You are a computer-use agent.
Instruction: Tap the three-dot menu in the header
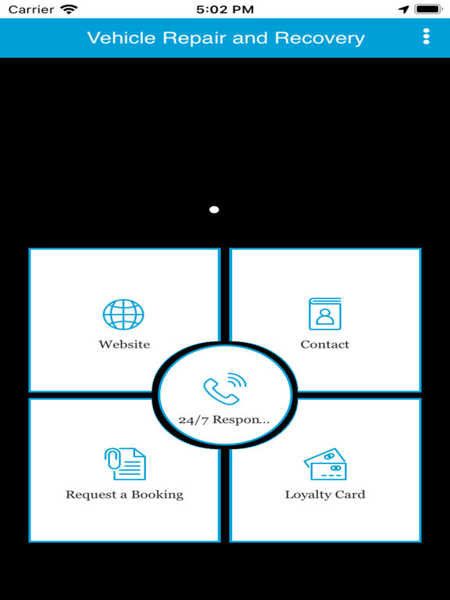point(427,37)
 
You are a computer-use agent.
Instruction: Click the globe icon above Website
point(123,315)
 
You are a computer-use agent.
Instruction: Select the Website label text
point(124,345)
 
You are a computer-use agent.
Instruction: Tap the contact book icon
point(325,314)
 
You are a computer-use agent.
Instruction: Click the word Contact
point(325,345)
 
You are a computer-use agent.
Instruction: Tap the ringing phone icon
point(225,388)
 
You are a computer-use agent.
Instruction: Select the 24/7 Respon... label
point(224,420)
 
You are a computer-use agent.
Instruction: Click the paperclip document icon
point(125,464)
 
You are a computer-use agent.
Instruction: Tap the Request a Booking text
point(125,495)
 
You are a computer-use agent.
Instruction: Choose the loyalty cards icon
point(325,464)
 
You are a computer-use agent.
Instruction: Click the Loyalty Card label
point(325,495)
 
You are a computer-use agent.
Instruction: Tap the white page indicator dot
point(214,209)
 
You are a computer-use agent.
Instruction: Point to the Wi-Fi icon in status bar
point(69,9)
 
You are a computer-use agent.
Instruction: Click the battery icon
point(429,9)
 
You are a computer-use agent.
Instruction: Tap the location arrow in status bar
point(404,9)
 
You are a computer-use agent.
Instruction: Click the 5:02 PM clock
point(225,9)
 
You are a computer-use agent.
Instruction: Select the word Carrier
point(31,9)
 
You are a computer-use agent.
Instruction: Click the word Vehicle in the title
point(122,37)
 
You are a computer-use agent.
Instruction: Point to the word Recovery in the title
point(320,38)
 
